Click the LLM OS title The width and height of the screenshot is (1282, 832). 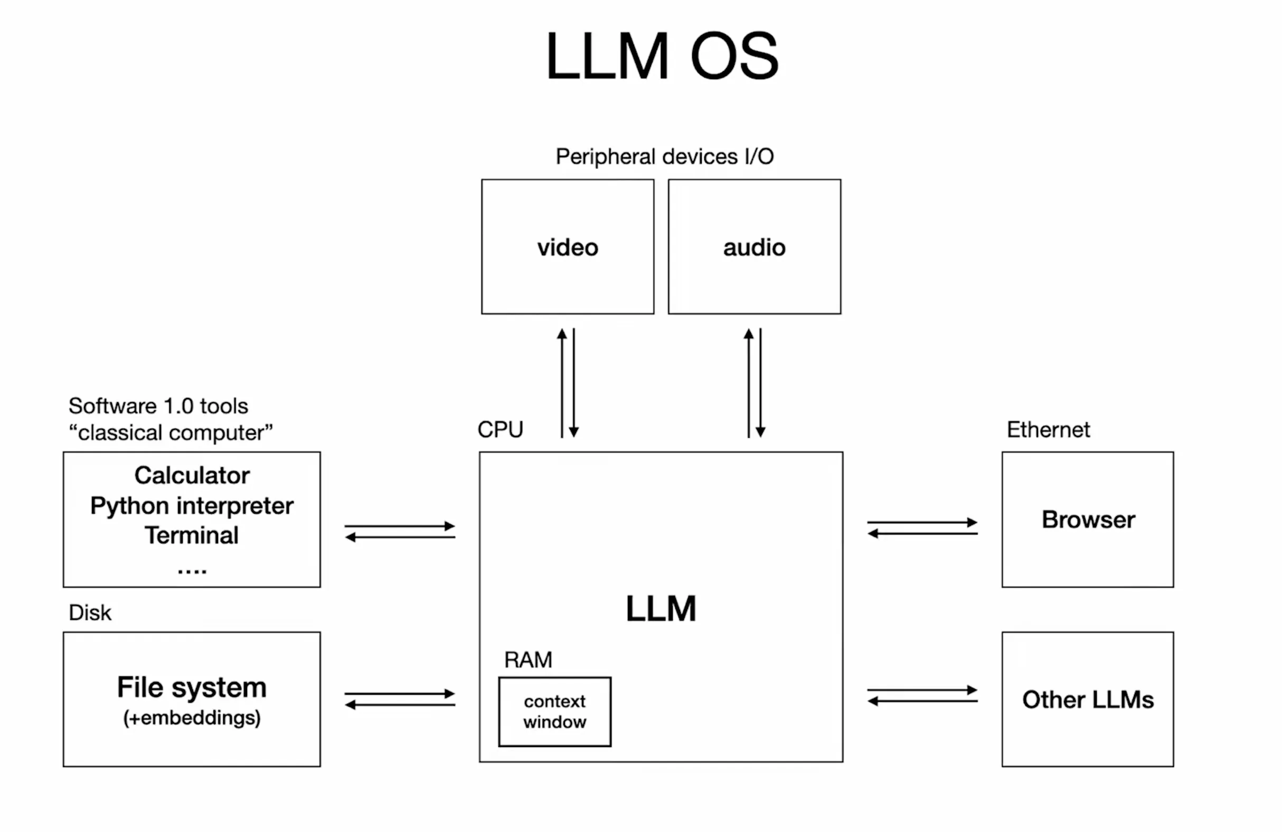tap(662, 56)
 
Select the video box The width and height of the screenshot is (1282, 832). tap(568, 247)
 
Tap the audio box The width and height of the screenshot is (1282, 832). tap(754, 247)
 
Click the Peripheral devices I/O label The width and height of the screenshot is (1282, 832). tap(665, 157)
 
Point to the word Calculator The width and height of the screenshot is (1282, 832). tap(192, 476)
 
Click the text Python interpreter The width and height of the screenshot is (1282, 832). tap(192, 506)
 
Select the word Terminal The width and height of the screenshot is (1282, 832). tap(192, 535)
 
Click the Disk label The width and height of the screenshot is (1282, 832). tap(89, 613)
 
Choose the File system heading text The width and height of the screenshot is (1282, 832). tap(192, 687)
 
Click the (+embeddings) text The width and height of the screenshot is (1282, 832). tap(192, 718)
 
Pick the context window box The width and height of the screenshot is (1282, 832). tap(554, 712)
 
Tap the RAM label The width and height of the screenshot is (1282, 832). tap(528, 660)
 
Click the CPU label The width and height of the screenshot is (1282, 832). tap(500, 430)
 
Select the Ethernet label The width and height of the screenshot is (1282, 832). tap(1048, 430)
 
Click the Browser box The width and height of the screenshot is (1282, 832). tap(1088, 519)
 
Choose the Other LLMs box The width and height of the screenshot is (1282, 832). tap(1088, 699)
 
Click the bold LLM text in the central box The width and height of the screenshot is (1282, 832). tap(661, 609)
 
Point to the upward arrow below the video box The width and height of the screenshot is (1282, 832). tap(562, 382)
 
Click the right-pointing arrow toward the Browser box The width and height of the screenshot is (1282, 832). tap(922, 522)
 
